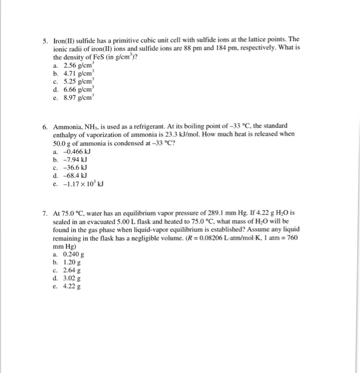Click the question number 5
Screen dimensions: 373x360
46,40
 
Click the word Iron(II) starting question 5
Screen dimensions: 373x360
65,40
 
